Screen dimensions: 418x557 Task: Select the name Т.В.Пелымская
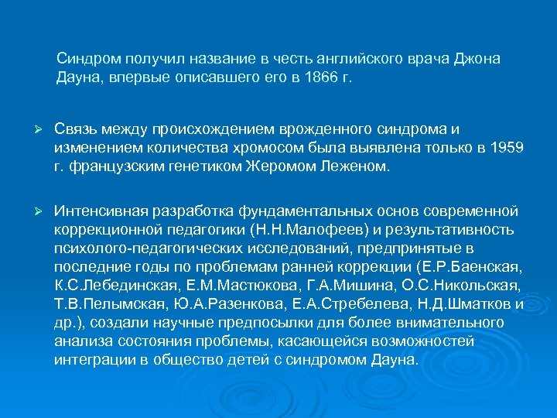tap(104, 304)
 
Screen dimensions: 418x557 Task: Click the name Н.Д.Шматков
tap(452, 304)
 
